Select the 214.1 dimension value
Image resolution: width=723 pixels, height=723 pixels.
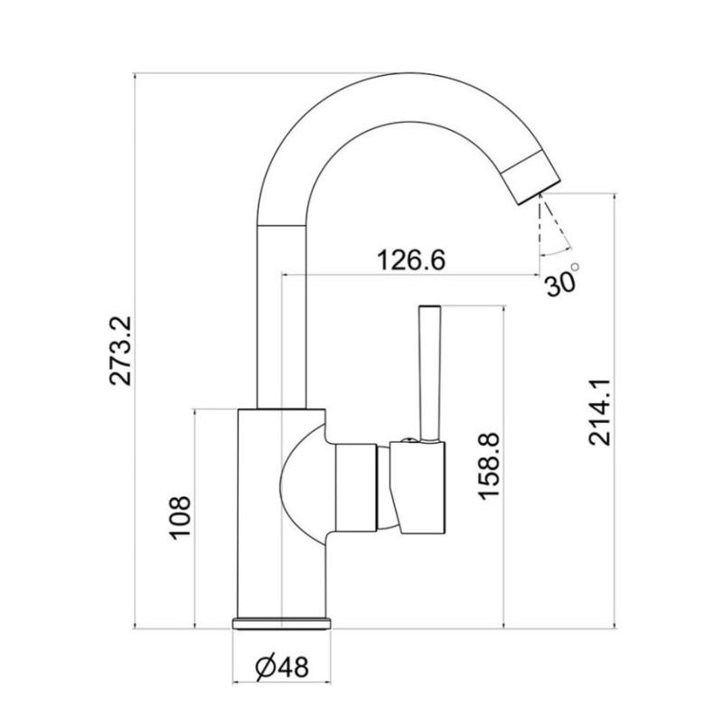pos(602,412)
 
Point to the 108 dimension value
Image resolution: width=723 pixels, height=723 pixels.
pos(181,518)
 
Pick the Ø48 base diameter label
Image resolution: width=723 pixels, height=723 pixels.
pos(283,667)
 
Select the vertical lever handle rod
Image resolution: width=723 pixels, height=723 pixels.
pos(428,371)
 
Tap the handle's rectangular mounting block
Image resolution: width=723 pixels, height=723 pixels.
pos(421,488)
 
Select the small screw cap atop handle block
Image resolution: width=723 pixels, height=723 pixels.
pos(409,440)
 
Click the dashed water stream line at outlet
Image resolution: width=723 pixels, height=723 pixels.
pos(540,221)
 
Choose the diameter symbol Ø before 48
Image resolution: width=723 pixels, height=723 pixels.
pos(266,667)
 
